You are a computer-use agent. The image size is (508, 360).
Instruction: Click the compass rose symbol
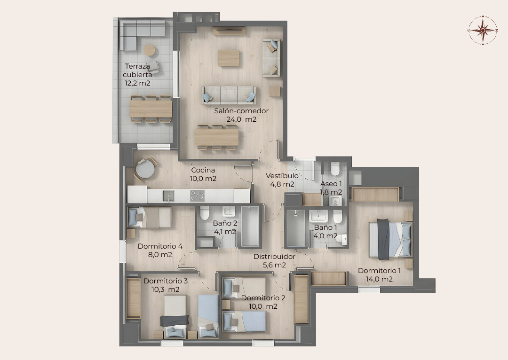483,30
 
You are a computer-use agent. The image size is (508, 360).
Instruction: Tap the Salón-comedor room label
241,111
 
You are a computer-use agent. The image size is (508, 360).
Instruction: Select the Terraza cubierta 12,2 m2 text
137,75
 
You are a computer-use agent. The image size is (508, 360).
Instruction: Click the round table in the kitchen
145,169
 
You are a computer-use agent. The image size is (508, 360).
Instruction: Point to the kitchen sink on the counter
168,196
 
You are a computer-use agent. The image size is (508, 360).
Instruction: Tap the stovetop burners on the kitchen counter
197,196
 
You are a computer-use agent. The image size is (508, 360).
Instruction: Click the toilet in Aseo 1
335,168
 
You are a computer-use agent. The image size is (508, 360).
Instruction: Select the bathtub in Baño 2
250,227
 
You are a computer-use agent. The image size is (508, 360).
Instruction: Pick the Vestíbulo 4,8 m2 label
282,180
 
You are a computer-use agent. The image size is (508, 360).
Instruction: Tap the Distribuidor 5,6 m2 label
274,261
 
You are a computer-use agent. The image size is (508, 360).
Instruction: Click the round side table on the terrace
150,50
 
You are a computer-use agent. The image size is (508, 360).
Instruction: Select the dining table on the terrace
151,109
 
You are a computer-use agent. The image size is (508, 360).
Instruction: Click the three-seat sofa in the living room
229,95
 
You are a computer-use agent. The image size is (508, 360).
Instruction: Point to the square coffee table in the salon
229,58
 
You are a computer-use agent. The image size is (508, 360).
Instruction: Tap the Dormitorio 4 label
160,246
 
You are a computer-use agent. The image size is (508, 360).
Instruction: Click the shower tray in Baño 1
295,228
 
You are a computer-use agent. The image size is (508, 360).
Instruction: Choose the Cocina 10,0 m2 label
203,174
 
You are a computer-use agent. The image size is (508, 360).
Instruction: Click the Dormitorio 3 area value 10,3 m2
166,290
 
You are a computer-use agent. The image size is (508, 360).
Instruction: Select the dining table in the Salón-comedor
217,137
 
